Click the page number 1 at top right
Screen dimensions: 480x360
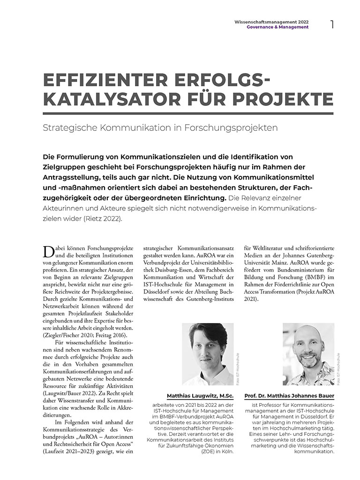click(332, 24)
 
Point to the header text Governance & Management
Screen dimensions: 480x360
click(277, 27)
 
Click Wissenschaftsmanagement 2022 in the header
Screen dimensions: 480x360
click(271, 22)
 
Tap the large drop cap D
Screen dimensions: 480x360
click(48, 251)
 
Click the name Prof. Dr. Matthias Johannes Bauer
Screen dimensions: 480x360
click(289, 396)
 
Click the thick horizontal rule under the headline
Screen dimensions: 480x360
click(187, 113)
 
